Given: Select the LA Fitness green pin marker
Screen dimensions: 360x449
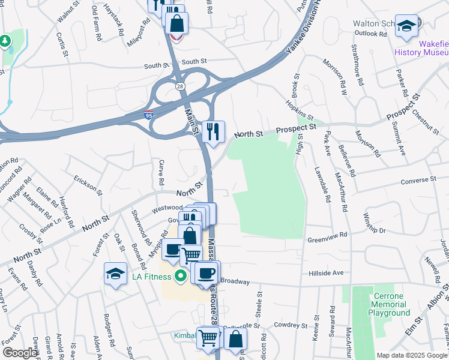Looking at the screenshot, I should click(179, 276).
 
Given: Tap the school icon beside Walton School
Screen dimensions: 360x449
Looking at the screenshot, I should click(406, 26).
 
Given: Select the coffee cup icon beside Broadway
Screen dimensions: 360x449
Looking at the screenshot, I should click(206, 272).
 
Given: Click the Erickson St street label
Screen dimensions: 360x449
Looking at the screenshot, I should click(88, 183).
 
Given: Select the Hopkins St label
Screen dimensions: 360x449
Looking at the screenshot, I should click(300, 110).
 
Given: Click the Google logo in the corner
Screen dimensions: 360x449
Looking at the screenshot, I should click(20, 353).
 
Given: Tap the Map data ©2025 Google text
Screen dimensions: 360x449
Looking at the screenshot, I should click(412, 355).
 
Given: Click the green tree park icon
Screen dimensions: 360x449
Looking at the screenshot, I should click(5, 41).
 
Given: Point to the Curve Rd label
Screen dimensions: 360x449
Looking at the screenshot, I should click(161, 172).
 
